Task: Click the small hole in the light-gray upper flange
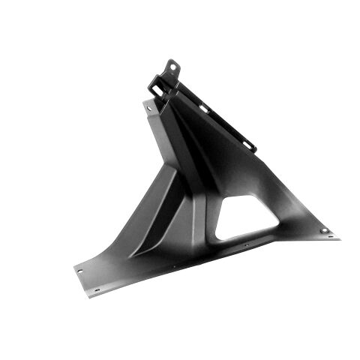point(149,109)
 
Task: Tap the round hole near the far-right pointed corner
point(324,231)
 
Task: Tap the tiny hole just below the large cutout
point(247,244)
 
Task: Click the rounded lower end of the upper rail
point(253,145)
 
